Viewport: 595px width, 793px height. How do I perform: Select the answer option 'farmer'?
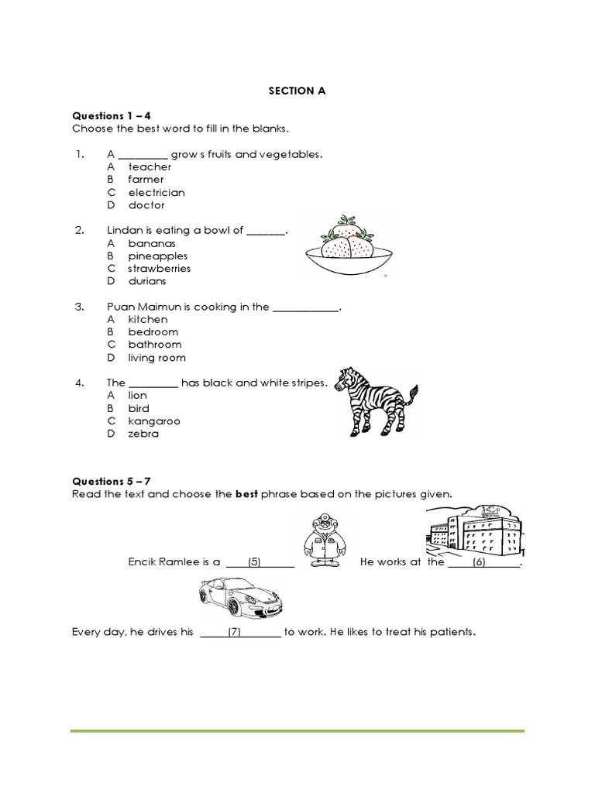(146, 180)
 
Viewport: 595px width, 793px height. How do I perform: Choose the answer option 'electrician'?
(156, 192)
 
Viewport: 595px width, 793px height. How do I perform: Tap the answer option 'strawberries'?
(159, 269)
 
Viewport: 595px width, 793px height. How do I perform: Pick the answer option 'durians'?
(147, 281)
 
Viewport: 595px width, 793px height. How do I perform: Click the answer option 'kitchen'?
(147, 319)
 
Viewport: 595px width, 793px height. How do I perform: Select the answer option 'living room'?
(156, 358)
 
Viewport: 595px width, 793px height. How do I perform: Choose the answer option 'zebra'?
(143, 434)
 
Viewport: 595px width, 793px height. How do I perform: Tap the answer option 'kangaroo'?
(153, 421)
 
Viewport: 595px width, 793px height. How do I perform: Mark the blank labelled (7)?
(240, 633)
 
